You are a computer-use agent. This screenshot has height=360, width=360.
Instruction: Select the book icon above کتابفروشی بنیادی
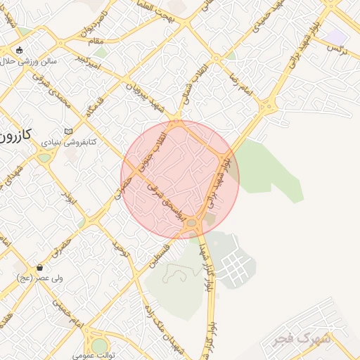68,131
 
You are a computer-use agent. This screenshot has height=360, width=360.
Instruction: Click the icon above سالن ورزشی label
19,51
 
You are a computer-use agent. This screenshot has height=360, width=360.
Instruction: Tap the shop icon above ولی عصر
40,268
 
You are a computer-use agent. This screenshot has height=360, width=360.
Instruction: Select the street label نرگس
340,47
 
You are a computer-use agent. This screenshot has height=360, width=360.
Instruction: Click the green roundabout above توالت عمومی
100,345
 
